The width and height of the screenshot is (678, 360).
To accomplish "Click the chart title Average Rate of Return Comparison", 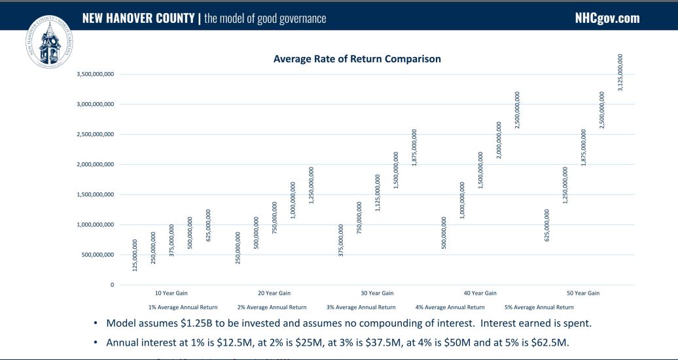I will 357,59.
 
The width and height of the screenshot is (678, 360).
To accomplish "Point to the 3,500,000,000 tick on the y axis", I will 96,74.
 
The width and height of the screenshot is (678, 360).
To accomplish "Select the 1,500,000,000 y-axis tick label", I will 96,194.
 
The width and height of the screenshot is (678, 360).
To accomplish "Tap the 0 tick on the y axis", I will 112,285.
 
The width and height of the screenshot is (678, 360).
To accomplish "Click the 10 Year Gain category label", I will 171,293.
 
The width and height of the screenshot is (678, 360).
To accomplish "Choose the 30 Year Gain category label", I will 378,293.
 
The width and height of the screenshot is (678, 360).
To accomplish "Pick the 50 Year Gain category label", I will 583,293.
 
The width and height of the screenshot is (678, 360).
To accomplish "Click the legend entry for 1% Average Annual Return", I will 183,307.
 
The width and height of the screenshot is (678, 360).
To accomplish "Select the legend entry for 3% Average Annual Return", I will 361,307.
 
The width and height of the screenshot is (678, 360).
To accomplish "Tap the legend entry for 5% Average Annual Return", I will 539,307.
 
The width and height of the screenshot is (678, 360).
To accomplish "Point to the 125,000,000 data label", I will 135,255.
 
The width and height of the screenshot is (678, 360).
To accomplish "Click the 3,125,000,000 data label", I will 620,72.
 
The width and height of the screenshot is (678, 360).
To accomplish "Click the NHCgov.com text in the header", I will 607,18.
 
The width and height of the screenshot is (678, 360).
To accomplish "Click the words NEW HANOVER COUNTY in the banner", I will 139,18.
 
